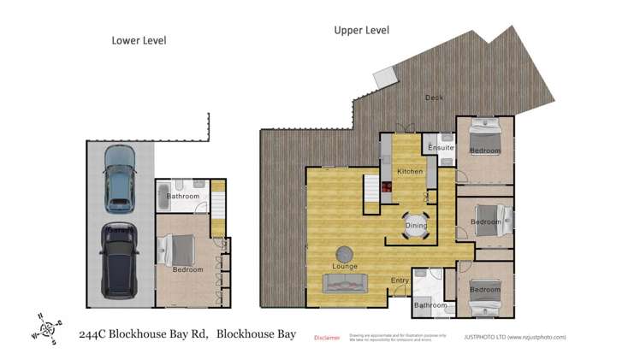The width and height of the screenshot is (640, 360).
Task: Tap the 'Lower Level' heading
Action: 139,40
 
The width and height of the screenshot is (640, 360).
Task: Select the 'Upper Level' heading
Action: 361,30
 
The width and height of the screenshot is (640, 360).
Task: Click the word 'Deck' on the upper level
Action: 435,97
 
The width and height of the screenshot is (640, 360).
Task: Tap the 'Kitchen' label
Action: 410,172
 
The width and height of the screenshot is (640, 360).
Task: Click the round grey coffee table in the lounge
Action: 345,254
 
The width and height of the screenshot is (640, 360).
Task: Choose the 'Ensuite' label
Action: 441,148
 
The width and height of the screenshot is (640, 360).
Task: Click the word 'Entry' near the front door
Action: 400,280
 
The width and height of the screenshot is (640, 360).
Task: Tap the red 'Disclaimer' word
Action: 328,337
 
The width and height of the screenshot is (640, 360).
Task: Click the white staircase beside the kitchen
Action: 371,194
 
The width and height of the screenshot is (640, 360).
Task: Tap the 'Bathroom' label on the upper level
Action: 430,305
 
